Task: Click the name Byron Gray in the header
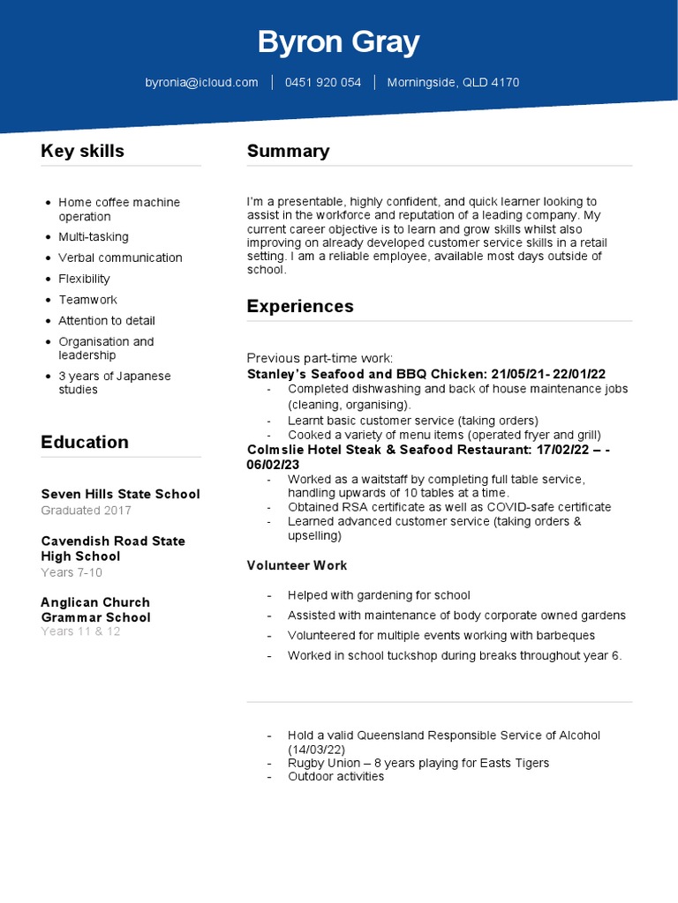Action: (x=338, y=41)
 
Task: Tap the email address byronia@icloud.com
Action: (x=201, y=82)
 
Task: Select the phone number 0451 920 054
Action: (x=323, y=82)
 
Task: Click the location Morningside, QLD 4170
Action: (x=453, y=82)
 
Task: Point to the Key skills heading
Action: (x=82, y=151)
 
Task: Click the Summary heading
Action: (x=288, y=151)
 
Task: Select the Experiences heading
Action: (x=300, y=306)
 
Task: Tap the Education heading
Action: (x=85, y=442)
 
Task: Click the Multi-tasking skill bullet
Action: (x=94, y=236)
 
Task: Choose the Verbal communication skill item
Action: (x=120, y=257)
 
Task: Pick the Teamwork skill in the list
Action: (x=87, y=300)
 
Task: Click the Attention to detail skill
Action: (x=107, y=321)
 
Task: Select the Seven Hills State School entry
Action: (x=120, y=494)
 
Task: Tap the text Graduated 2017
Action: (x=86, y=511)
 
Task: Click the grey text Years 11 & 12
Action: (x=80, y=631)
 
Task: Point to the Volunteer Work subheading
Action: (x=297, y=565)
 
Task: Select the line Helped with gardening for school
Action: (x=379, y=595)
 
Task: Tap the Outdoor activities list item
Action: (x=335, y=777)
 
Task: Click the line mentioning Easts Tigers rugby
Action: (x=418, y=763)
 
